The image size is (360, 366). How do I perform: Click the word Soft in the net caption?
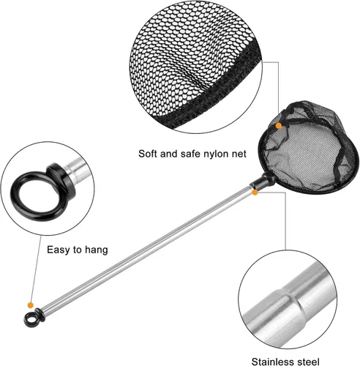(x=148, y=154)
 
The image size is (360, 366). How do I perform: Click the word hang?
(x=96, y=250)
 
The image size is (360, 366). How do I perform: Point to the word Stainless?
(x=273, y=362)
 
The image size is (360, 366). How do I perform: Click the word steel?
(x=308, y=362)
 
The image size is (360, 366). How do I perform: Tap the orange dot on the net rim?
(x=279, y=126)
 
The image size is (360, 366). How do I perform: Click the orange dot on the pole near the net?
(x=255, y=193)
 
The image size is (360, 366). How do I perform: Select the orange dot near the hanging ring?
(x=31, y=305)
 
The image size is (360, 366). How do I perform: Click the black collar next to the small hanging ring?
(x=40, y=315)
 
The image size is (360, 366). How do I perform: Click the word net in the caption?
(x=239, y=154)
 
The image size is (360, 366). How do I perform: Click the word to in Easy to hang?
(x=77, y=250)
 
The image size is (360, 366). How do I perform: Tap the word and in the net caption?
(x=169, y=154)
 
